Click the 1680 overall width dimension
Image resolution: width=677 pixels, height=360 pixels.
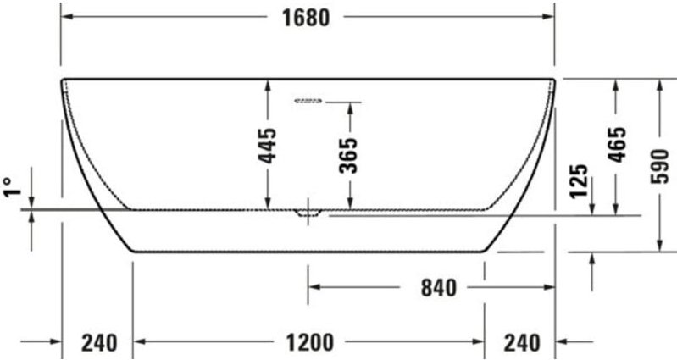(x=305, y=17)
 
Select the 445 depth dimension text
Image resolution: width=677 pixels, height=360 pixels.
(x=267, y=145)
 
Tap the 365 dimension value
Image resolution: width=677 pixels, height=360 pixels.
(x=347, y=154)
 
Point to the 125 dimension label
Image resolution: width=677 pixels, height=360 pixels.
(x=580, y=180)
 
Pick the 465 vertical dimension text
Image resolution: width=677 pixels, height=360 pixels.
(x=618, y=144)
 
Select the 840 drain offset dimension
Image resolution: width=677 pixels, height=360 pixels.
(x=439, y=288)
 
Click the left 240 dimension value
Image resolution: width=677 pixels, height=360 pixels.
(x=99, y=342)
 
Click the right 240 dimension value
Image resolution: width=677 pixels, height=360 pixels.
(x=521, y=342)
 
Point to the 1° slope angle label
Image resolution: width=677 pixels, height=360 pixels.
(x=10, y=186)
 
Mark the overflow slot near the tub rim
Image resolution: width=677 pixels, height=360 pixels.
(x=308, y=102)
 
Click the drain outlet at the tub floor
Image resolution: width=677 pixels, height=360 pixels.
(x=308, y=212)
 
